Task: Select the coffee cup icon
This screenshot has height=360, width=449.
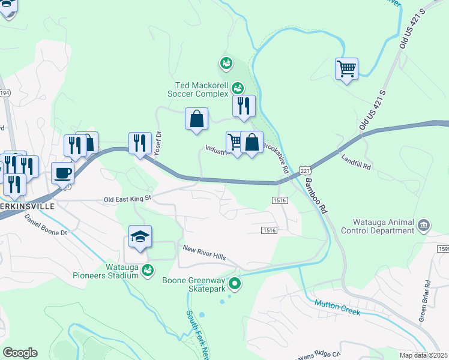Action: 62,173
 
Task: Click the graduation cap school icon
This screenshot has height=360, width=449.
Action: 140,236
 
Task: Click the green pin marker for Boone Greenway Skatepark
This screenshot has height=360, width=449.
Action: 235,283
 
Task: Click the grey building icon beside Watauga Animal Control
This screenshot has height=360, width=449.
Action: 424,226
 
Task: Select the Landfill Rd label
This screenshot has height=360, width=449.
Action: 357,162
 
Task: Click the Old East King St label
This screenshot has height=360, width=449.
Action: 128,199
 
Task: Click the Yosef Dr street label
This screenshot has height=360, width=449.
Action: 158,143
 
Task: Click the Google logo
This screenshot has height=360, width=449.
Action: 20,353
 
